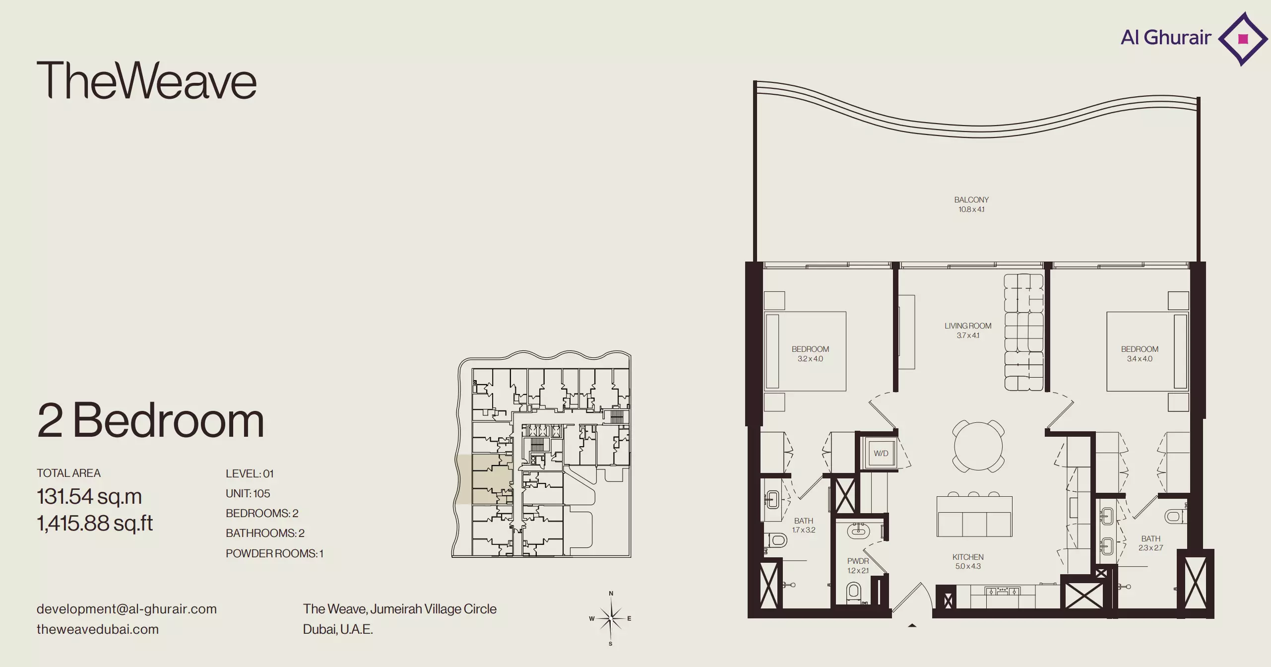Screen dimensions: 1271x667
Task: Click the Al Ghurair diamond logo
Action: (x=1243, y=39)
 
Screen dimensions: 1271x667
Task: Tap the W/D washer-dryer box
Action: (x=881, y=453)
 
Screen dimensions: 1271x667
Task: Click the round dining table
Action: (x=978, y=446)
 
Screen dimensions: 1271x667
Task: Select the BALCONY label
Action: (x=971, y=200)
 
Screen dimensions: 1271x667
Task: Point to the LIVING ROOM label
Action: (x=968, y=326)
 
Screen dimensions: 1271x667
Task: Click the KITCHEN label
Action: (x=968, y=557)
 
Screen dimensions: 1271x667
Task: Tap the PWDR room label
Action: (x=858, y=561)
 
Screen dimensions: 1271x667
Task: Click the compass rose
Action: (x=611, y=618)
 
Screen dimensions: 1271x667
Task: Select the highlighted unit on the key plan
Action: (x=484, y=479)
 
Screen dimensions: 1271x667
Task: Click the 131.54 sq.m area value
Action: (x=89, y=496)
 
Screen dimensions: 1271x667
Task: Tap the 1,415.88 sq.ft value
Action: (x=95, y=523)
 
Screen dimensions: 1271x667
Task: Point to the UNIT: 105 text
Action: (x=248, y=493)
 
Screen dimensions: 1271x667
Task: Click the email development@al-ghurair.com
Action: (x=127, y=609)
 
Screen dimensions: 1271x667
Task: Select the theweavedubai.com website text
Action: (x=98, y=629)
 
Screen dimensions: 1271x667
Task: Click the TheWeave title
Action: (x=146, y=80)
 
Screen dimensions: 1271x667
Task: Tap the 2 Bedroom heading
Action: (x=150, y=420)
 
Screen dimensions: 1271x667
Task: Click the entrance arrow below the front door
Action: (x=912, y=626)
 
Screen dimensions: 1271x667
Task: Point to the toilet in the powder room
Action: (x=853, y=593)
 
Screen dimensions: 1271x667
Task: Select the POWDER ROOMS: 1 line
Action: (x=274, y=553)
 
